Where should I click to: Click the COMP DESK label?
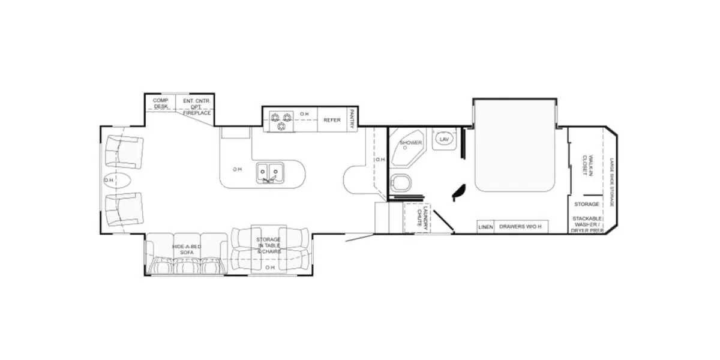click(x=160, y=103)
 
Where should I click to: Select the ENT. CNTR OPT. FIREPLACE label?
click(x=196, y=106)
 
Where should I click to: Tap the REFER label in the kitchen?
click(x=332, y=120)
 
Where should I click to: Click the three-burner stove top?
click(x=281, y=121)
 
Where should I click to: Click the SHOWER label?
click(x=411, y=143)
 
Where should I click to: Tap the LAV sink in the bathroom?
click(x=444, y=139)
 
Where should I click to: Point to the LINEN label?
click(x=485, y=227)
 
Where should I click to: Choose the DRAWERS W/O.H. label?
click(x=521, y=227)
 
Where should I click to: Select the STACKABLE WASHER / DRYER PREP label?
click(x=587, y=224)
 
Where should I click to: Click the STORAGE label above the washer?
click(x=586, y=205)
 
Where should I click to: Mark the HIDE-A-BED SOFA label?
click(x=186, y=250)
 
